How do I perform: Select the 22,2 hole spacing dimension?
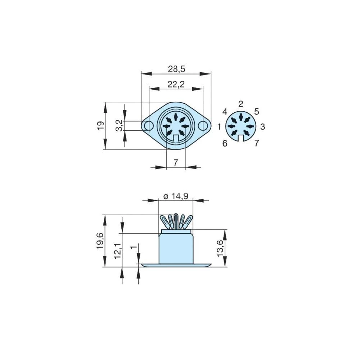point(176,84)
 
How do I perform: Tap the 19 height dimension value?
point(101,125)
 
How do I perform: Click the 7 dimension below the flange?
point(176,163)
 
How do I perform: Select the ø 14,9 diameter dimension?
point(176,197)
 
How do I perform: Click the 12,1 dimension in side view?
point(118,250)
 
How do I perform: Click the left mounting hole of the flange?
point(148,126)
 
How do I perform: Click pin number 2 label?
point(241,104)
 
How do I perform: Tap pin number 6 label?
point(225,144)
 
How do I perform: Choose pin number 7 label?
point(256,143)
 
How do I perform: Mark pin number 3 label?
point(262,127)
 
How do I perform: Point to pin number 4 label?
point(225,112)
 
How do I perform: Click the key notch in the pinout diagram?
point(240,137)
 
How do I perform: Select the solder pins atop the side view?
point(176,221)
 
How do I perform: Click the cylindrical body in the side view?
point(176,248)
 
